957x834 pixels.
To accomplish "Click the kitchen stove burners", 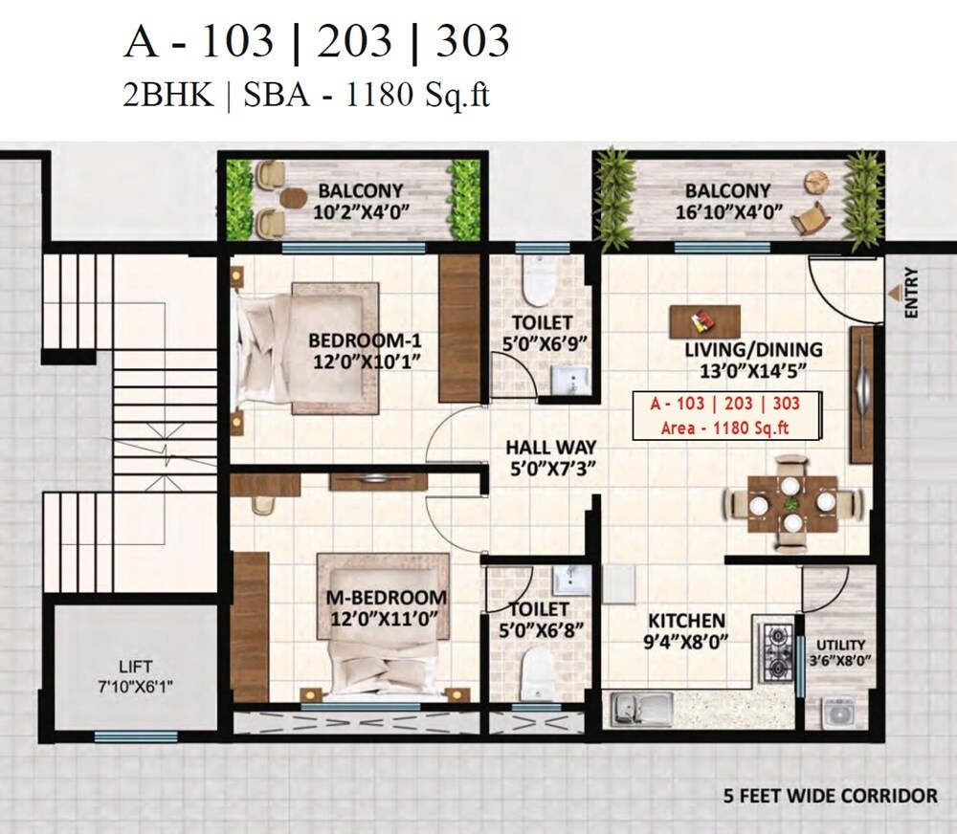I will tap(776, 651).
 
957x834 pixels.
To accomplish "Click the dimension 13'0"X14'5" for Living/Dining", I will tap(753, 371).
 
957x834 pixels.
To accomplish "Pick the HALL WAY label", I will tap(550, 447).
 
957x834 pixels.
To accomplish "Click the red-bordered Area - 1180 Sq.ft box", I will tap(724, 416).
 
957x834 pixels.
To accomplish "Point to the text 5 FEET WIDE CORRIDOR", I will tap(831, 795).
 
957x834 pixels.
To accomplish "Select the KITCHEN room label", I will tap(686, 621).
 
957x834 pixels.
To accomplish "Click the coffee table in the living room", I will tap(706, 318).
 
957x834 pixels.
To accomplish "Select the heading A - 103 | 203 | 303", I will tap(317, 42).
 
